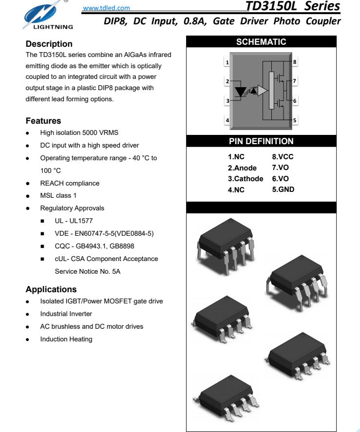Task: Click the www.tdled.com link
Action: point(107,8)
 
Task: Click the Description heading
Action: point(49,44)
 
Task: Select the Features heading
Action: point(43,121)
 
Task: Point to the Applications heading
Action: point(51,289)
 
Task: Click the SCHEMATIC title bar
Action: point(261,42)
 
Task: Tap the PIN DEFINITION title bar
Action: point(261,141)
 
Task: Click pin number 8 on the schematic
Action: point(295,62)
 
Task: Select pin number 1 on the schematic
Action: point(227,62)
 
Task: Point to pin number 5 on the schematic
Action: point(295,120)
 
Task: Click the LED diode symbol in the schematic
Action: point(241,91)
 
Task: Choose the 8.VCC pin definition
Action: point(283,157)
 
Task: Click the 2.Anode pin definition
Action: point(242,168)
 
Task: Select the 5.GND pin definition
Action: point(283,189)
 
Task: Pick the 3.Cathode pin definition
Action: point(246,179)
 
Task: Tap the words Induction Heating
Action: point(66,339)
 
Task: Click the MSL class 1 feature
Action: point(58,196)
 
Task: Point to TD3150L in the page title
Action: point(273,6)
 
